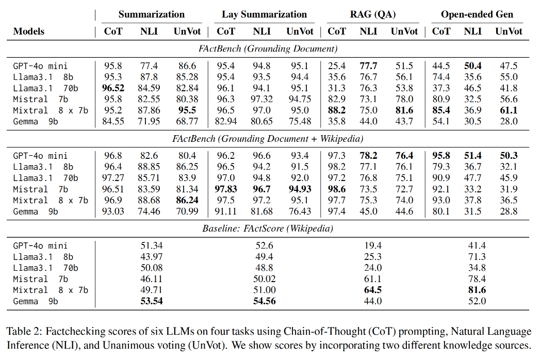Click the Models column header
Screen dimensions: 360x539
(28, 31)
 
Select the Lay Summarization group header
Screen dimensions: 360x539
(264, 14)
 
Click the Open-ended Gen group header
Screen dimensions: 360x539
(477, 14)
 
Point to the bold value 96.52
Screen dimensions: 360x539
(113, 88)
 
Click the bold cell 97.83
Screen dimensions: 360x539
(226, 189)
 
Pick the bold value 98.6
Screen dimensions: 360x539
(337, 189)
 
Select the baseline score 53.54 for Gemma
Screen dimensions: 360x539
(151, 301)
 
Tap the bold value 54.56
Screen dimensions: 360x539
(264, 301)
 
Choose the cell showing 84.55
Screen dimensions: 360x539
(113, 122)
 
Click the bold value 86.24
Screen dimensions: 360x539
(186, 200)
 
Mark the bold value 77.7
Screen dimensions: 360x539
(368, 66)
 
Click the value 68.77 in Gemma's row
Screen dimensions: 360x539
(186, 122)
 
